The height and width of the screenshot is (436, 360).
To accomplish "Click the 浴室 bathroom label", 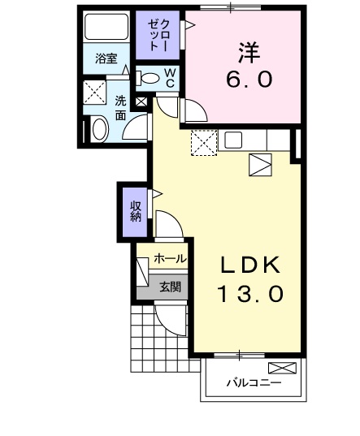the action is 106,58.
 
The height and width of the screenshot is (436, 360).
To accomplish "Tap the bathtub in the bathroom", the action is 106,27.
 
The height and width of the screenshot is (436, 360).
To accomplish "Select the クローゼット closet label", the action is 158,35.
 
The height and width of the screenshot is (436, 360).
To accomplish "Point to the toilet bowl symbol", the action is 147,78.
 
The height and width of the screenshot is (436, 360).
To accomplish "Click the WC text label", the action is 170,78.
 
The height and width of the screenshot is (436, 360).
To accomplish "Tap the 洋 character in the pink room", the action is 249,53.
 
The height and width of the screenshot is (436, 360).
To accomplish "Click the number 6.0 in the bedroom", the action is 249,79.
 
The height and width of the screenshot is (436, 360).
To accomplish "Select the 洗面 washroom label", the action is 121,108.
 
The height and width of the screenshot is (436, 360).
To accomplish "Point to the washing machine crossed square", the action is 95,93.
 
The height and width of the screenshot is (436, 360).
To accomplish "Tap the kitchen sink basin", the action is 233,140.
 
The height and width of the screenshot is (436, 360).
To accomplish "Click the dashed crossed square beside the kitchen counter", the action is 204,143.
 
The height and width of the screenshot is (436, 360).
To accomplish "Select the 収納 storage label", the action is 136,211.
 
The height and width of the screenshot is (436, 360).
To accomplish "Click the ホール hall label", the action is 170,259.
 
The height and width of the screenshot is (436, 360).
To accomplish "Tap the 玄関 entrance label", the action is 171,287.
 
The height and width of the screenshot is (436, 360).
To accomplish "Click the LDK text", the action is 250,265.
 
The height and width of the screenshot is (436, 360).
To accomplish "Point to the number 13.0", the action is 250,294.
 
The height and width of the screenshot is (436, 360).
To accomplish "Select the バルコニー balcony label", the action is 254,383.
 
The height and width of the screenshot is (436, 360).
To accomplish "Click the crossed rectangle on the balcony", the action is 282,368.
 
